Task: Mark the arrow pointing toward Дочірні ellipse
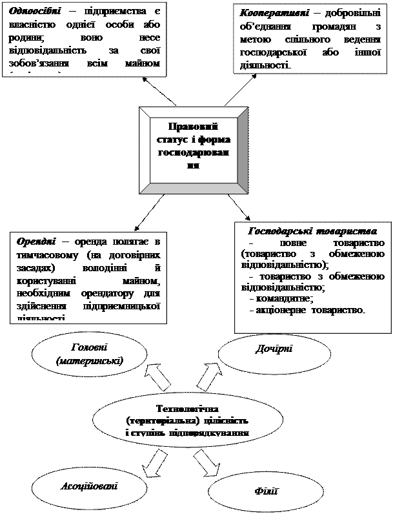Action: pyautogui.click(x=208, y=377)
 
